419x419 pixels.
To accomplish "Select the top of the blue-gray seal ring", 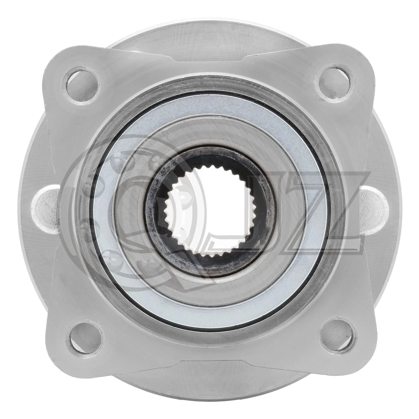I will pos(210,104).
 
